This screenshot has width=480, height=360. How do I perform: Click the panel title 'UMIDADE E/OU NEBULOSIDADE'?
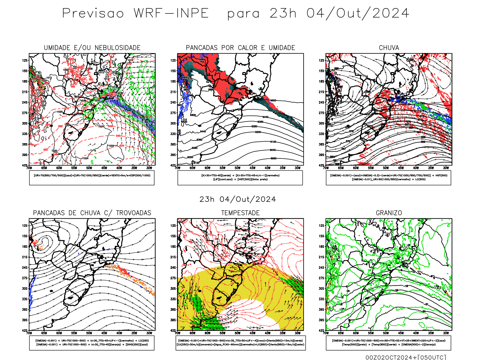92,48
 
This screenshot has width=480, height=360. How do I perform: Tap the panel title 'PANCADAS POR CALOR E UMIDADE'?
240,48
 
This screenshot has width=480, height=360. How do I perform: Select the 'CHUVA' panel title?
389,48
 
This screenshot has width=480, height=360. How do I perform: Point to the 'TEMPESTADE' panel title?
240,213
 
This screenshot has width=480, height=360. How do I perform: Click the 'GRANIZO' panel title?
389,213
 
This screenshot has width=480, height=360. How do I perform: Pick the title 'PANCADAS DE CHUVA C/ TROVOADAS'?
92,213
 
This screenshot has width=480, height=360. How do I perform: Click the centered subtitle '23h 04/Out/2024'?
238,199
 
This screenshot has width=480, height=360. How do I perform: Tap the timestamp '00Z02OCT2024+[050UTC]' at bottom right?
406,357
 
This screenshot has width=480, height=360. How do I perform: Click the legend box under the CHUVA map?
388,178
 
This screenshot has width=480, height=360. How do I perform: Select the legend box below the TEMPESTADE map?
240,343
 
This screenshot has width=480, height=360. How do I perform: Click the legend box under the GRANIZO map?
388,343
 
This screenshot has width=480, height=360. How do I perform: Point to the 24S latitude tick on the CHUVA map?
322,102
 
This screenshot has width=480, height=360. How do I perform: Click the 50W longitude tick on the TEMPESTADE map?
237,333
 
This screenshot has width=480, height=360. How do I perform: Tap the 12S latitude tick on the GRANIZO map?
322,226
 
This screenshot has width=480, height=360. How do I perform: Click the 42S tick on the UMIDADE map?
25,165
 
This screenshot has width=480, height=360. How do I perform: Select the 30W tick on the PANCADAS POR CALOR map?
298,168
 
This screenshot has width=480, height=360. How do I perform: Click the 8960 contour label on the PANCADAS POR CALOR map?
273,158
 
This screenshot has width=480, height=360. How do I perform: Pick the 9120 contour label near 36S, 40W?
273,142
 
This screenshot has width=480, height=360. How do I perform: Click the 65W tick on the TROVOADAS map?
44,333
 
